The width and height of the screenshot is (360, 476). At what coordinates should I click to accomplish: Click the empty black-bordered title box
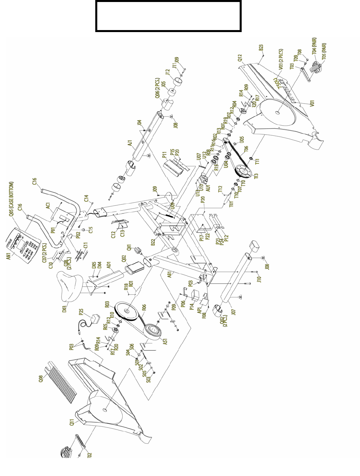[x=168, y=16]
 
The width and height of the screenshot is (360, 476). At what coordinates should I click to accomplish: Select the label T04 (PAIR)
[x=314, y=46]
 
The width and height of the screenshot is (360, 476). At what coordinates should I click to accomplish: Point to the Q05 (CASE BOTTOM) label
[x=11, y=199]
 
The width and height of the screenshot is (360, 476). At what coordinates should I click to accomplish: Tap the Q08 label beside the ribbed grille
[x=41, y=378]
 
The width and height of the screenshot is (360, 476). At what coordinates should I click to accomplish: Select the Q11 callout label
[x=72, y=423]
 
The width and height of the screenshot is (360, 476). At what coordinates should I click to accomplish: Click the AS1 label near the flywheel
[x=165, y=341]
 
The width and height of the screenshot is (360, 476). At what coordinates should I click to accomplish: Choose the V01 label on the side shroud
[x=312, y=104]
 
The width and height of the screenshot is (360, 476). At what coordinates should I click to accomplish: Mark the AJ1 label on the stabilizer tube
[x=130, y=143]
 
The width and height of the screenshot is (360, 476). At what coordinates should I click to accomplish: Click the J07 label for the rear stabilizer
[x=233, y=312]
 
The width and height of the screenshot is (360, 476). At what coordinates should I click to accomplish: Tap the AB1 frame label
[x=169, y=274]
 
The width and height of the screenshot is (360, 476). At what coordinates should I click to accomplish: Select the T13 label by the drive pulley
[x=256, y=176]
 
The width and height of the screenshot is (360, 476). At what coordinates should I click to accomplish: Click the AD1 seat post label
[x=108, y=265]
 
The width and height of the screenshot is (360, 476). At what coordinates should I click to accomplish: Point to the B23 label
[x=261, y=48]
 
